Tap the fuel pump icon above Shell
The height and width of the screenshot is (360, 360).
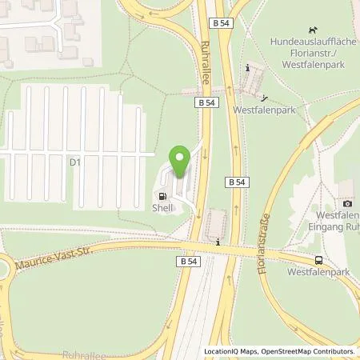pyautogui.click(x=164, y=197)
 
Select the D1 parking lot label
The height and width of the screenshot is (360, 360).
pyautogui.click(x=75, y=162)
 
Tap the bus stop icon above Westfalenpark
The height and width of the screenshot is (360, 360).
pyautogui.click(x=320, y=260)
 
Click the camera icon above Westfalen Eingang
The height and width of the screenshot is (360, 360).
pyautogui.click(x=347, y=204)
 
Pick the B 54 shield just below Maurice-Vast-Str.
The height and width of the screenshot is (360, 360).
pyautogui.click(x=187, y=261)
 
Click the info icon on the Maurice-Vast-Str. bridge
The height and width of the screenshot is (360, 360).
pyautogui.click(x=218, y=240)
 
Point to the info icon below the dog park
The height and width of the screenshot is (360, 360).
pyautogui.click(x=249, y=68)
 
